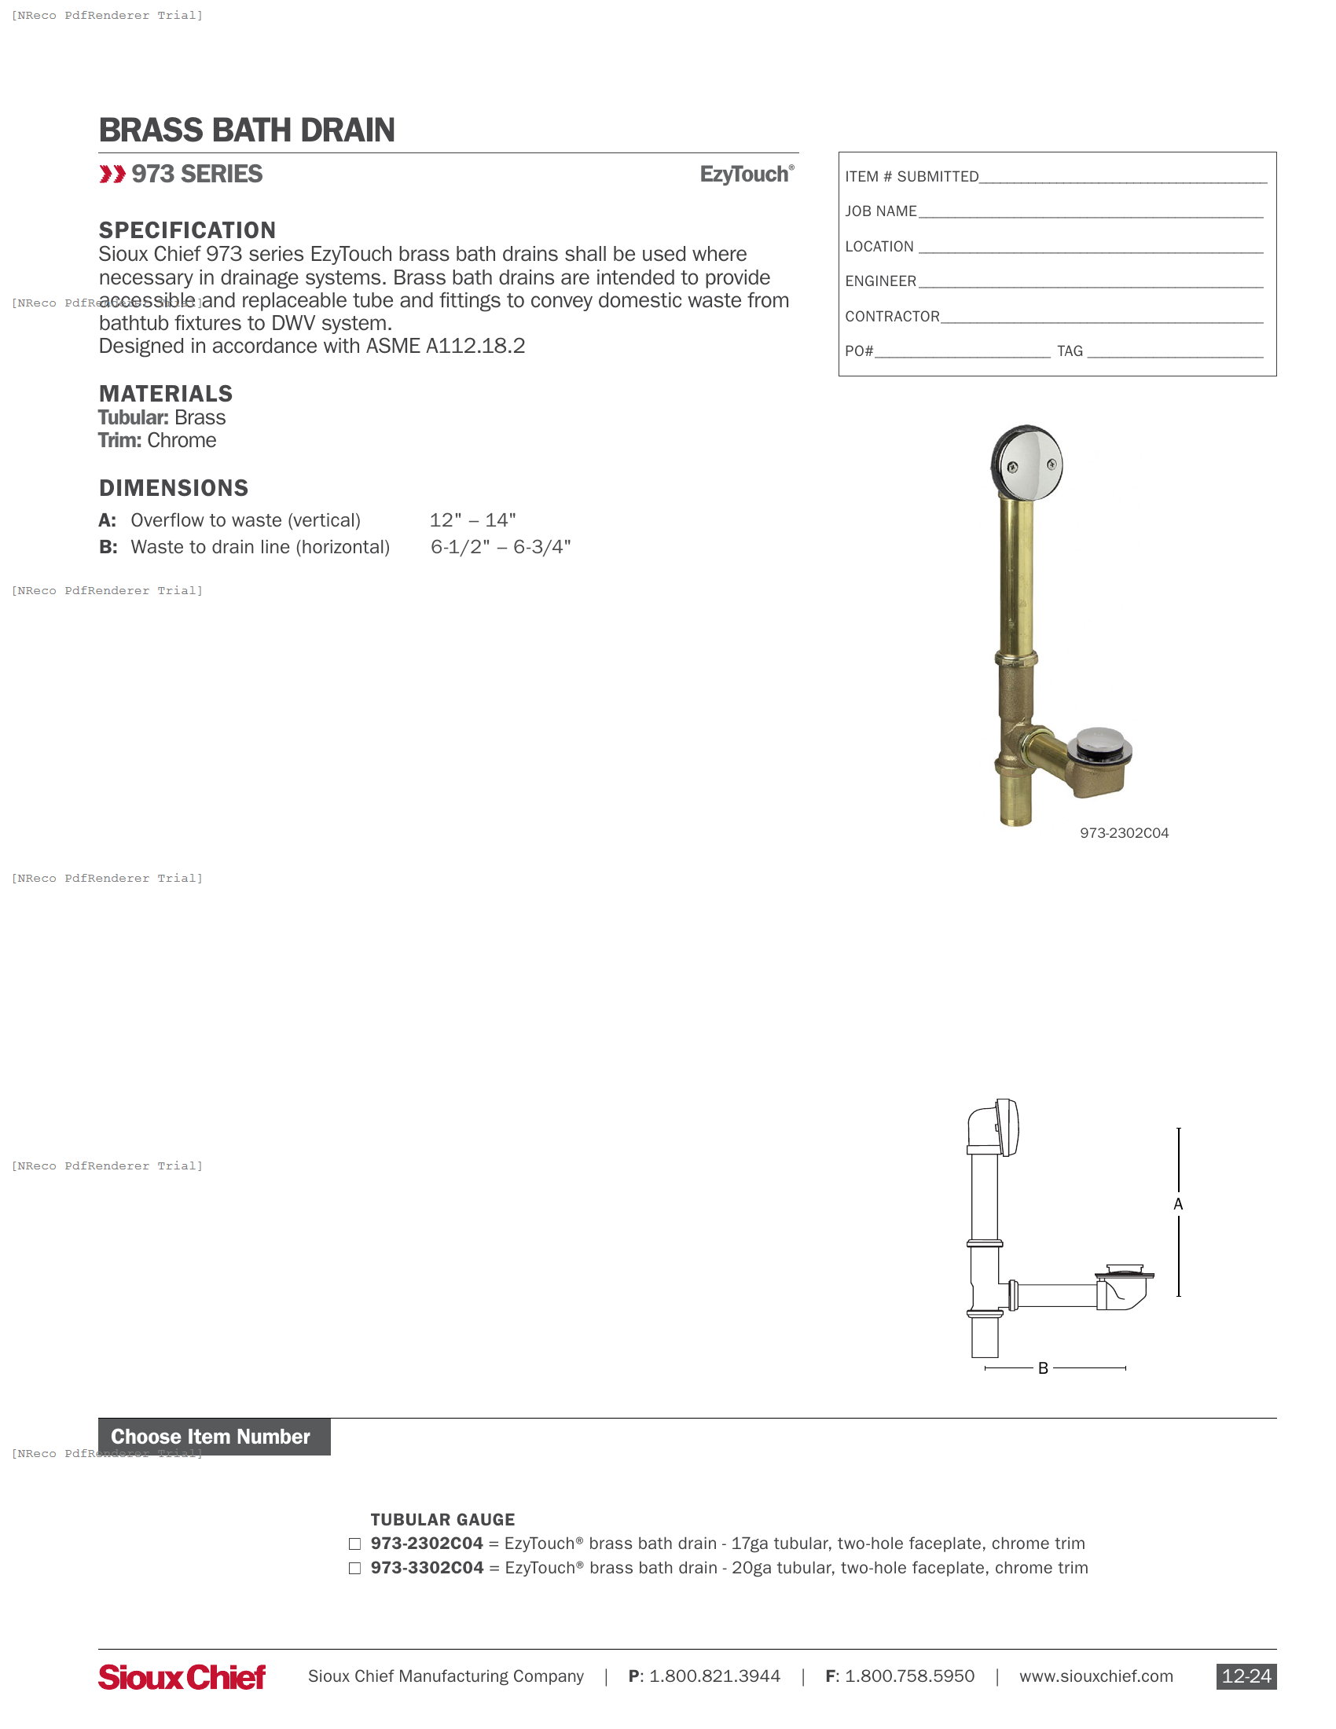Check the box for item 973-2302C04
pyautogui.click(x=354, y=1544)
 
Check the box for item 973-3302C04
pyautogui.click(x=354, y=1569)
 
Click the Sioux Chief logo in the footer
pyautogui.click(x=182, y=1677)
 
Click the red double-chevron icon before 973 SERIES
pyautogui.click(x=112, y=174)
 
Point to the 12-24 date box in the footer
pyautogui.click(x=1246, y=1677)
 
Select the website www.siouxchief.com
pyautogui.click(x=1096, y=1677)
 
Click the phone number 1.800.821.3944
pyautogui.click(x=714, y=1677)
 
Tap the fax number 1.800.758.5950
pyautogui.click(x=909, y=1677)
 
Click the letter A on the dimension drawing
pyautogui.click(x=1178, y=1204)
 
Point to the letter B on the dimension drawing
pyautogui.click(x=1043, y=1368)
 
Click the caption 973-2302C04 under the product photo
pyautogui.click(x=1124, y=833)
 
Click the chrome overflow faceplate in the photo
pyautogui.click(x=1027, y=464)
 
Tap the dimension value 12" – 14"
pyautogui.click(x=472, y=520)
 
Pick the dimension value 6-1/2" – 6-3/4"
pyautogui.click(x=500, y=547)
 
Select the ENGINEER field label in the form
pyautogui.click(x=880, y=281)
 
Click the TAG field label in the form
pyautogui.click(x=1070, y=351)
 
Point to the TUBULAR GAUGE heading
pyautogui.click(x=442, y=1519)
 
